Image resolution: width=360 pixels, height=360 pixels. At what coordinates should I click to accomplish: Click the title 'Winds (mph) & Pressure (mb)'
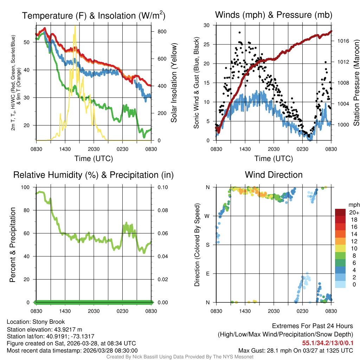(x=274, y=15)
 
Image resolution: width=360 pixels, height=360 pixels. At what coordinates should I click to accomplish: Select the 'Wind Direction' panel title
(x=274, y=175)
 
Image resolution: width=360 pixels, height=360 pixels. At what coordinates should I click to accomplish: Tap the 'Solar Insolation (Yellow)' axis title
(x=174, y=83)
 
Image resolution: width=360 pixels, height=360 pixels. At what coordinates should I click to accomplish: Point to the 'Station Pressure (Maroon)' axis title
(x=356, y=83)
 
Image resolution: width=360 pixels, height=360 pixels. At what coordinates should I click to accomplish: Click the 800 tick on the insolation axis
(x=162, y=31)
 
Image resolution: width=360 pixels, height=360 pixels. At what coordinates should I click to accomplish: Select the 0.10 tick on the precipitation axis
(x=162, y=187)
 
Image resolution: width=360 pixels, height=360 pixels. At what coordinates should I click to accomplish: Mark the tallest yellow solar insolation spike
(x=75, y=26)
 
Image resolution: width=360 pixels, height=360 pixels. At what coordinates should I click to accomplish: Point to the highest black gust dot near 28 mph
(x=239, y=32)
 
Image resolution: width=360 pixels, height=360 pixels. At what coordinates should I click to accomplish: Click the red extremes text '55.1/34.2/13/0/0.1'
(x=328, y=343)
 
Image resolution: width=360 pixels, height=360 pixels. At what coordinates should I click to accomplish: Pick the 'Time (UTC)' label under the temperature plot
(x=94, y=159)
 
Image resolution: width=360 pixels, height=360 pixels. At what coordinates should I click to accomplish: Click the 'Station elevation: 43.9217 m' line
(x=44, y=329)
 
